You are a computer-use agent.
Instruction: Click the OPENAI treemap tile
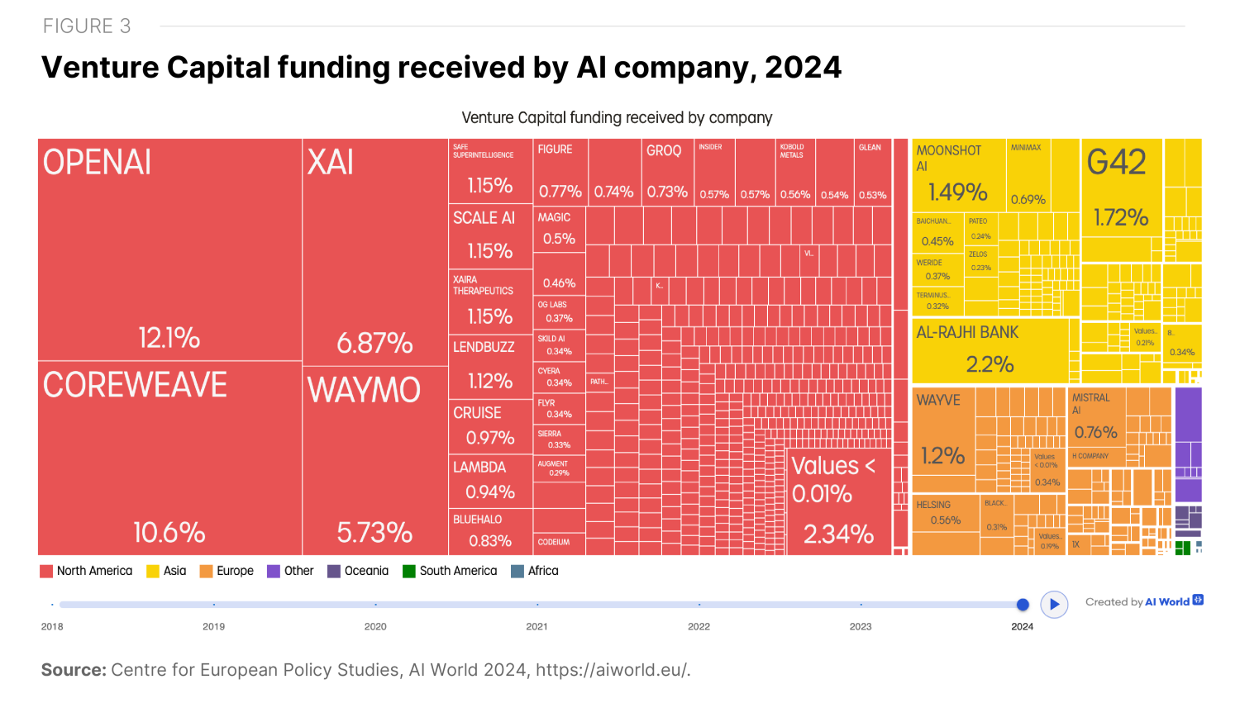pos(169,248)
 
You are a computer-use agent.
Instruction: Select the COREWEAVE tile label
pos(135,385)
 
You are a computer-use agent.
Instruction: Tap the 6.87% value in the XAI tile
pos(374,343)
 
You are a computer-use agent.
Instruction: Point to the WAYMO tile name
pos(364,390)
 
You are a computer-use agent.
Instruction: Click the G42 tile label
pos(1116,163)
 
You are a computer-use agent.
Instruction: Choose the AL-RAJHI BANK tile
pos(990,350)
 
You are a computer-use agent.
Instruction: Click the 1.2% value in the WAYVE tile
pos(942,455)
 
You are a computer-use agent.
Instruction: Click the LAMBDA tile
pos(489,479)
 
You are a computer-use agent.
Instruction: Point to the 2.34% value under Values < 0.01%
pos(838,534)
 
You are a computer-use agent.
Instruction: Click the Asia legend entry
pos(166,571)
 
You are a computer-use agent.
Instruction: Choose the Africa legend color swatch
pos(517,572)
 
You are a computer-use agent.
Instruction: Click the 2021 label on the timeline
pos(537,626)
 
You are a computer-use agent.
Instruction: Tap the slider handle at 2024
pos(1023,605)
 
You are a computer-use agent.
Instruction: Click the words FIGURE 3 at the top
pos(87,26)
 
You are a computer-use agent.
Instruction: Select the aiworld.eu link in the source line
pos(612,670)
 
